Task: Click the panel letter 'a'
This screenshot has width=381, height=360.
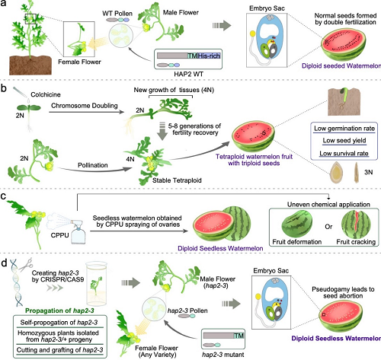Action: coord(3,4)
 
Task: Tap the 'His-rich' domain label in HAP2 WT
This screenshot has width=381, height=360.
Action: coord(209,56)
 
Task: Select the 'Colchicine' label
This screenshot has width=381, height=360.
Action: coord(46,94)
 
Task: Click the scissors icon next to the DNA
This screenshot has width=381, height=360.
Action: coord(26,264)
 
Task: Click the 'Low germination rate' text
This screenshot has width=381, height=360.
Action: coord(344,129)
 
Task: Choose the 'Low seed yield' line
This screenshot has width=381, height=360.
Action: coord(344,141)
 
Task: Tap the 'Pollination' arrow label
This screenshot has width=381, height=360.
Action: coord(93,165)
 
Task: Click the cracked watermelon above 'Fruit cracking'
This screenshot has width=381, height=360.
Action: coord(356,225)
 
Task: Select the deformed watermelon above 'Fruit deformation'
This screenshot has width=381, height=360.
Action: coord(297,225)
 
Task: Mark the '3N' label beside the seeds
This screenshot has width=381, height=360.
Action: coord(369,172)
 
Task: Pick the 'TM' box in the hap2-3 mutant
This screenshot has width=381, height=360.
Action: coord(239,336)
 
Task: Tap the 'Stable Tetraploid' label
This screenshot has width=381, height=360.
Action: coord(177,180)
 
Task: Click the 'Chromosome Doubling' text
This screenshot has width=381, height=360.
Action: coord(85,106)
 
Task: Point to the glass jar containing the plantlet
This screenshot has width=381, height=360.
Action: coord(97,284)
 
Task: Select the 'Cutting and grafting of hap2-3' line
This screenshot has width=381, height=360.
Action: coord(59,350)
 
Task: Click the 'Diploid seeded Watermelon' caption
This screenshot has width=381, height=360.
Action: coord(341,66)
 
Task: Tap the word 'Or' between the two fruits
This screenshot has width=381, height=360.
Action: coord(328,226)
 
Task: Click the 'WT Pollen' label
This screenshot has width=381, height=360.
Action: coord(117,13)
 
